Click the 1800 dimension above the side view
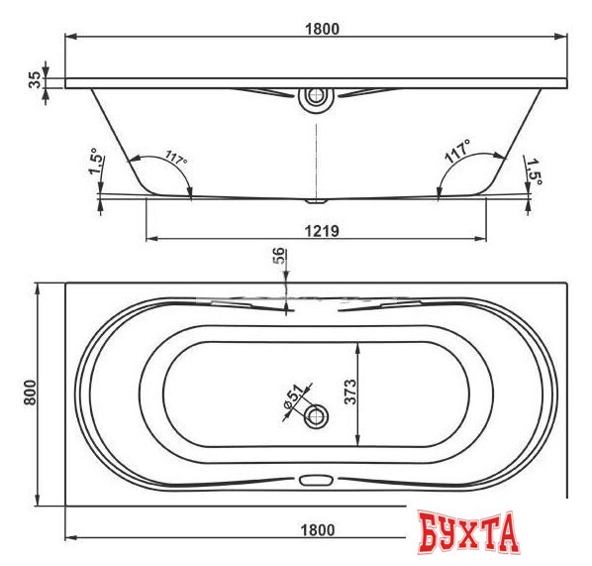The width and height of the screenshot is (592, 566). coord(322,29)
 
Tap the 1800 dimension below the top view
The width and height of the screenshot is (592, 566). coord(318,530)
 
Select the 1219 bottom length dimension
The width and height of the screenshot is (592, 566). coord(322,231)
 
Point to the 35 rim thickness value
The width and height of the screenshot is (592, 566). coord(35,79)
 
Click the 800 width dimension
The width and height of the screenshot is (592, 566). coord(31,393)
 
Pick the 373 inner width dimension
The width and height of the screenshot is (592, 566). coord(350,392)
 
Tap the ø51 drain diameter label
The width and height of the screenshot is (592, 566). coord(294,396)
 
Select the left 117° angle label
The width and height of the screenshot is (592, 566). coord(176,157)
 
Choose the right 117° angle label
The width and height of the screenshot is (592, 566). coord(457,151)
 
